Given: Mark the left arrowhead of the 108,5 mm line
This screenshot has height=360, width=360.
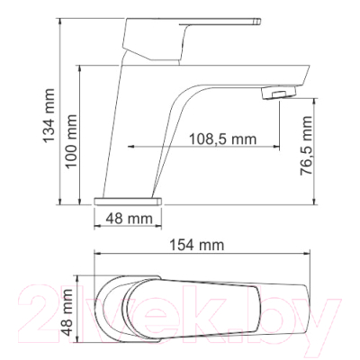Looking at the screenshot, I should tap(133, 148).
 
